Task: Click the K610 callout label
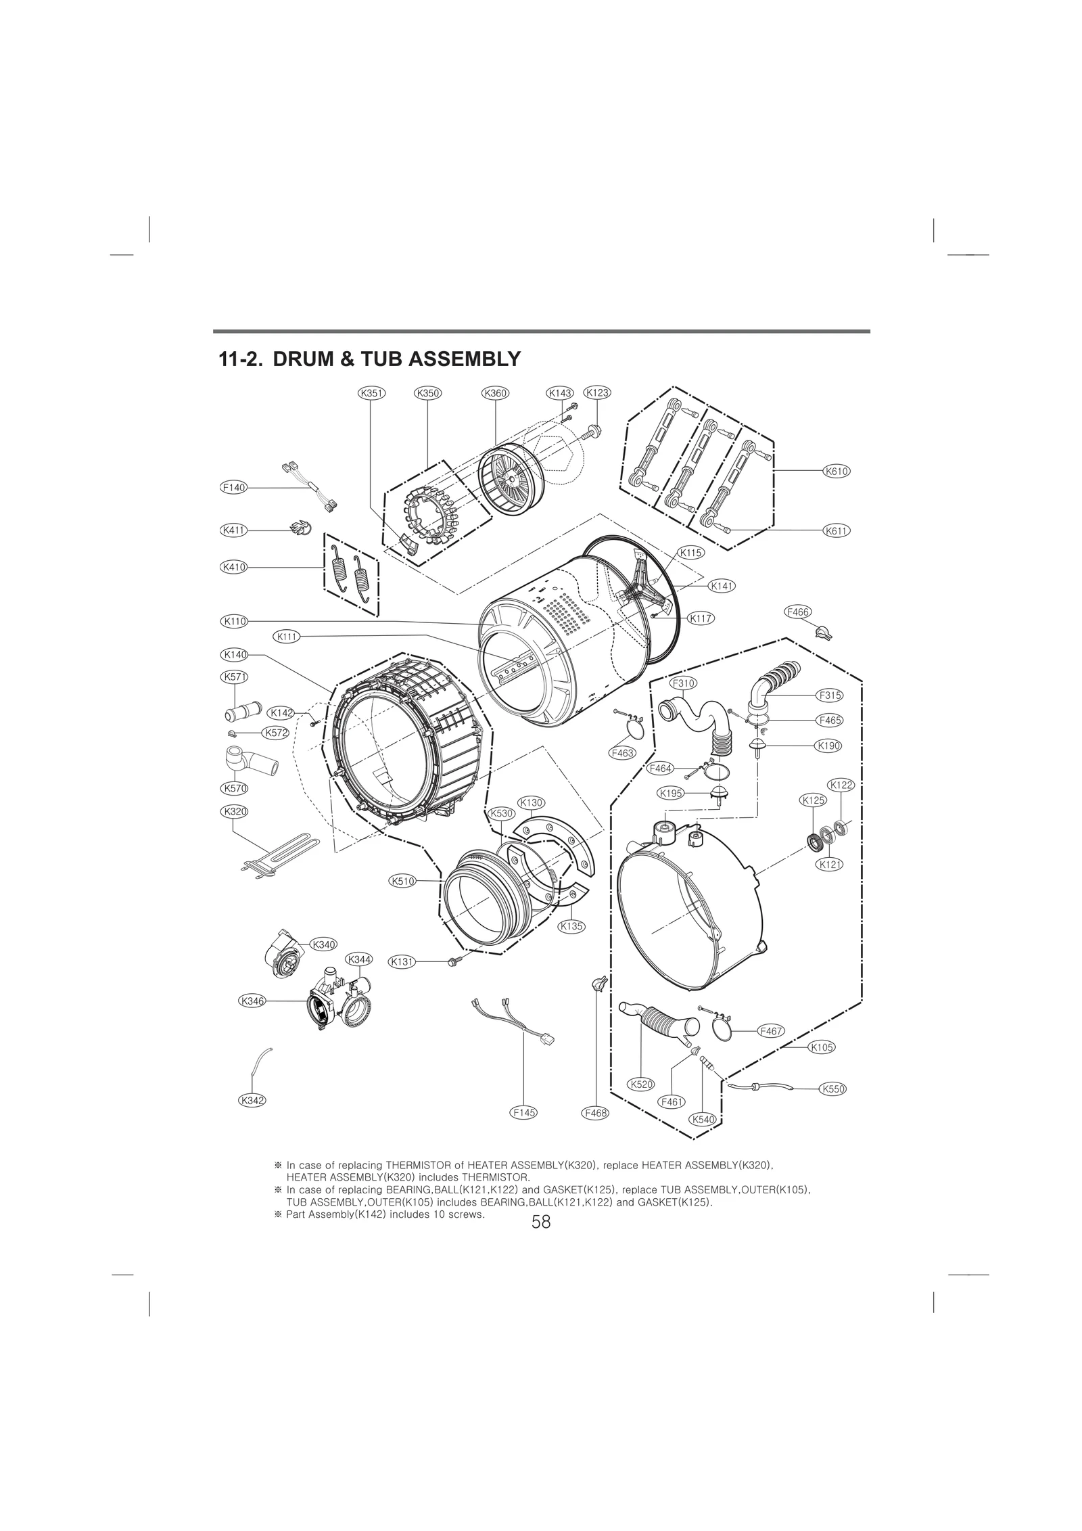tap(837, 470)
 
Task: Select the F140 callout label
tap(234, 487)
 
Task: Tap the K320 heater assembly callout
tap(234, 810)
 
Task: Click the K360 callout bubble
tap(495, 393)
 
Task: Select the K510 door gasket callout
tap(403, 881)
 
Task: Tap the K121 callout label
tap(830, 864)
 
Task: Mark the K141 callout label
tap(722, 585)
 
